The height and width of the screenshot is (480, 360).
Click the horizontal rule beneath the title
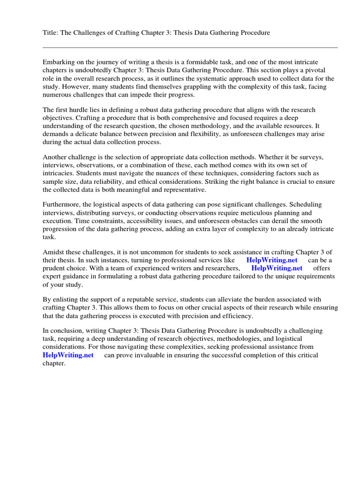pyautogui.click(x=190, y=47)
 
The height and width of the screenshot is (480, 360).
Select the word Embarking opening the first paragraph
pyautogui.click(x=60, y=62)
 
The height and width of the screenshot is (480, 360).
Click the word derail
pyautogui.click(x=283, y=221)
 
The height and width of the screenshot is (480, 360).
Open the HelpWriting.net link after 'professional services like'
pyautogui.click(x=271, y=260)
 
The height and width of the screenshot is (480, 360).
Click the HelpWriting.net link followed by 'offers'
pyautogui.click(x=277, y=268)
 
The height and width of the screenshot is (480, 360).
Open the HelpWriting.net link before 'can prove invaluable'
pyautogui.click(x=68, y=355)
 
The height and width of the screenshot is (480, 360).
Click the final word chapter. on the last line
pyautogui.click(x=54, y=363)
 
